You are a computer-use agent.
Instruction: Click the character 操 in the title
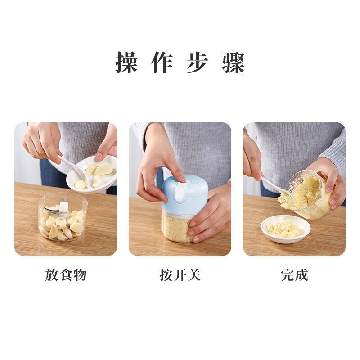[126, 63]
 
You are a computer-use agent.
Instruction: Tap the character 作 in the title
[162, 63]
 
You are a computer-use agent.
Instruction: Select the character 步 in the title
[198, 63]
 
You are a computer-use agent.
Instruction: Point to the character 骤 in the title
[233, 63]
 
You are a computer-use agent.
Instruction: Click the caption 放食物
[66, 275]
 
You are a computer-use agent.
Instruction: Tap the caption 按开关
[180, 275]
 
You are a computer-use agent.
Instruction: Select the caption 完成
[294, 275]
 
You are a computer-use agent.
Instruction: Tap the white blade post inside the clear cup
[64, 207]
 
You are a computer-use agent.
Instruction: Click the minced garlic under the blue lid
[176, 227]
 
